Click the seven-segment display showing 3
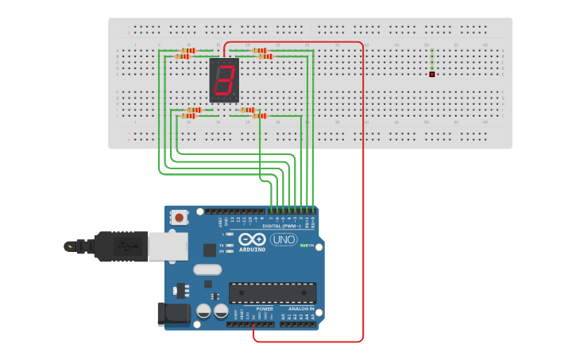pyautogui.click(x=224, y=79)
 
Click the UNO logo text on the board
pyautogui.click(x=283, y=240)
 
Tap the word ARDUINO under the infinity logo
pyautogui.click(x=252, y=250)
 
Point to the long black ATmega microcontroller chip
pyautogui.click(x=273, y=292)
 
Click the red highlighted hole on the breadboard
pyautogui.click(x=431, y=75)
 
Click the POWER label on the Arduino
pyautogui.click(x=265, y=308)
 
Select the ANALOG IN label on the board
pyautogui.click(x=300, y=308)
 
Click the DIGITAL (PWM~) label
pyautogui.click(x=288, y=226)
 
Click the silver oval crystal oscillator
pyautogui.click(x=207, y=269)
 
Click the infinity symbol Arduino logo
pyautogui.click(x=252, y=239)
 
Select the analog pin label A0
pyautogui.click(x=282, y=316)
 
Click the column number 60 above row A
pyautogui.click(x=485, y=45)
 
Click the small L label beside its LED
pyautogui.click(x=222, y=234)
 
